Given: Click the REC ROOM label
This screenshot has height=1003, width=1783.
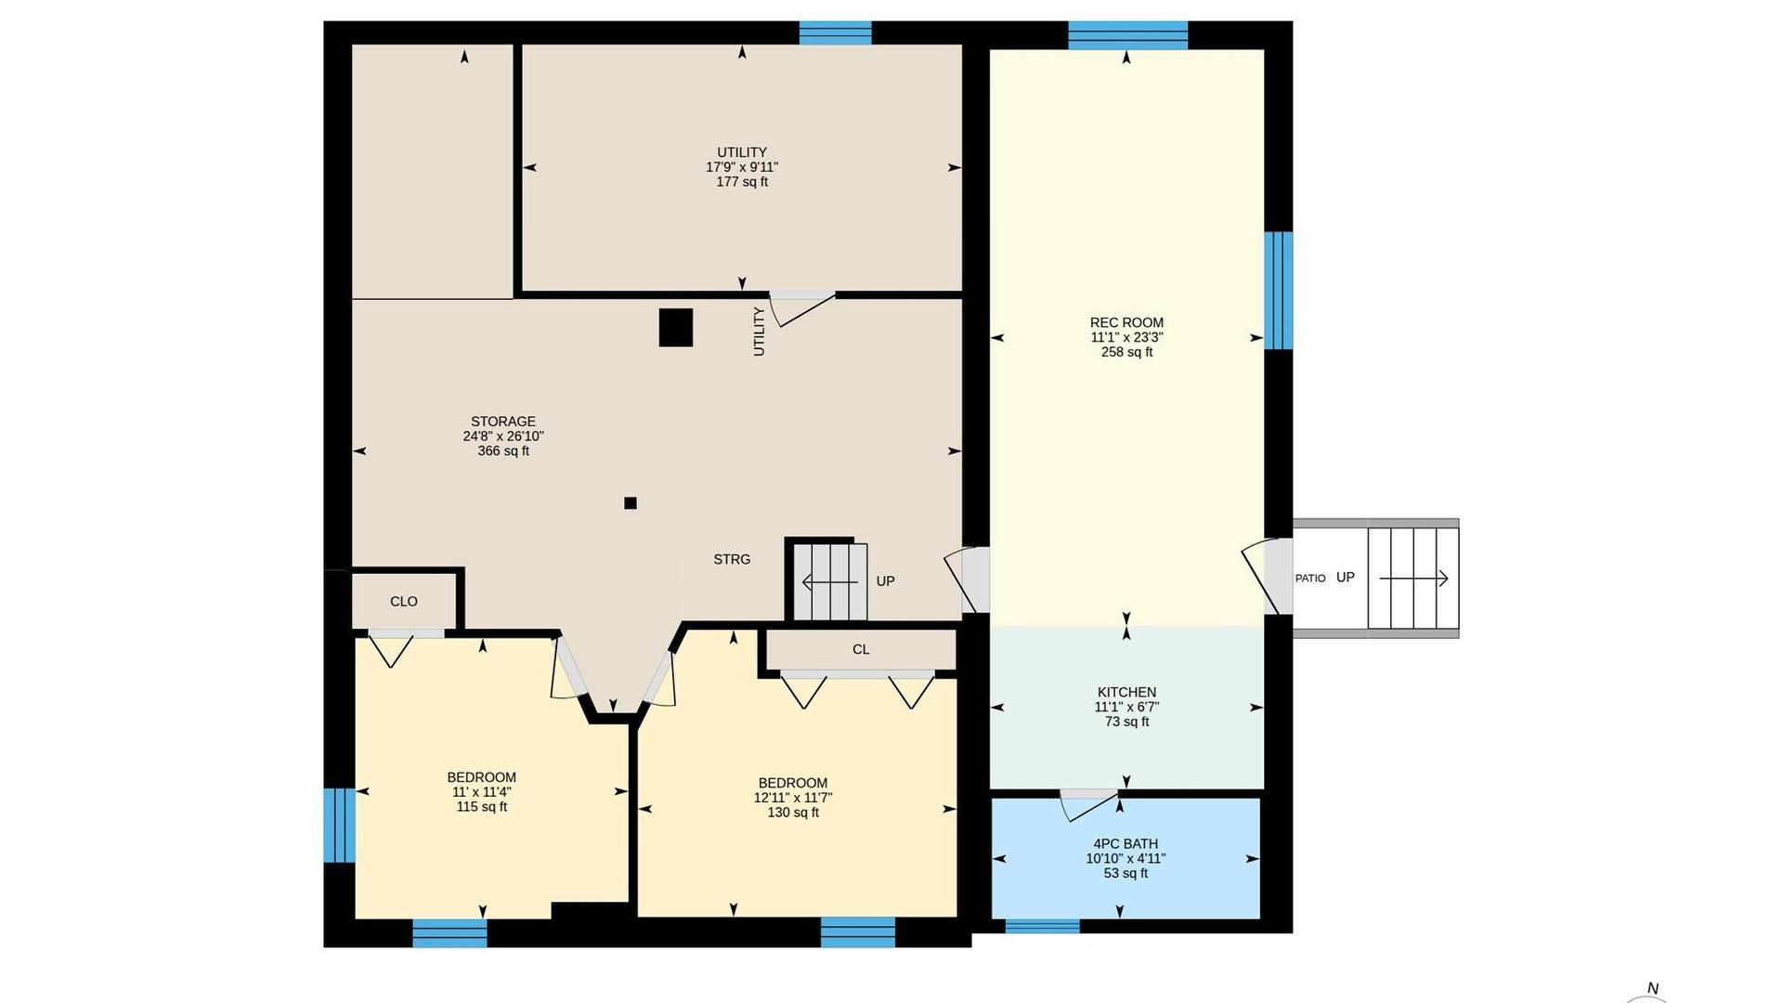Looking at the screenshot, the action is tap(1126, 323).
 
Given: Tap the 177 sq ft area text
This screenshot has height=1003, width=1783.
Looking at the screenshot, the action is tap(742, 182).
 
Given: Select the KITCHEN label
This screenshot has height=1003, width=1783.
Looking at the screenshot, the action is tap(1126, 692).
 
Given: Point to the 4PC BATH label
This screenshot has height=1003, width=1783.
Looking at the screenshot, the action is tap(1126, 844).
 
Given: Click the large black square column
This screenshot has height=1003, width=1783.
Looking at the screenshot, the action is tap(676, 327).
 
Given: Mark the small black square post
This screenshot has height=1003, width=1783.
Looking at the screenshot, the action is tap(631, 503).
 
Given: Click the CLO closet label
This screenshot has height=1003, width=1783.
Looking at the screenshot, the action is tap(404, 602).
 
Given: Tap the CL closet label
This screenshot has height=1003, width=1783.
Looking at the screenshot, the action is tap(861, 650).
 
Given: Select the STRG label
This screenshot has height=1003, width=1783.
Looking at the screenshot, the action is tap(732, 559).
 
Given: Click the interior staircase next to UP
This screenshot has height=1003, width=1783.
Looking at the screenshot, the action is tap(830, 582).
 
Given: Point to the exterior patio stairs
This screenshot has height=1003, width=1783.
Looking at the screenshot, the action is tap(1412, 579).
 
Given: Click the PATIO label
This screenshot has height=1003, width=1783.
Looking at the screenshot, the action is tap(1310, 579).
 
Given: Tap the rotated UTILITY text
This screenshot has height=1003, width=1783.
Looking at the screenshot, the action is tap(759, 332).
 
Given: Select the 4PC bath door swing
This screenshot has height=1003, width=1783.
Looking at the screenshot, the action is tap(1089, 804).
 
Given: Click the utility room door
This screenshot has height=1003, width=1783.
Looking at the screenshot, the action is tap(802, 307).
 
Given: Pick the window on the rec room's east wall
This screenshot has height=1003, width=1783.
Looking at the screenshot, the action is tap(1279, 291).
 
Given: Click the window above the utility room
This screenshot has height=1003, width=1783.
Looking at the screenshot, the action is tap(836, 33).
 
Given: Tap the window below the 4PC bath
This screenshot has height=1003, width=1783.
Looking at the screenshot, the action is tap(1043, 926).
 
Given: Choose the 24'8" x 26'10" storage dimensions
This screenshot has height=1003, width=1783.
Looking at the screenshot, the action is tap(503, 436).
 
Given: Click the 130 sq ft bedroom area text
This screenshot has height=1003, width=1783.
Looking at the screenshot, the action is tap(793, 813).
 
